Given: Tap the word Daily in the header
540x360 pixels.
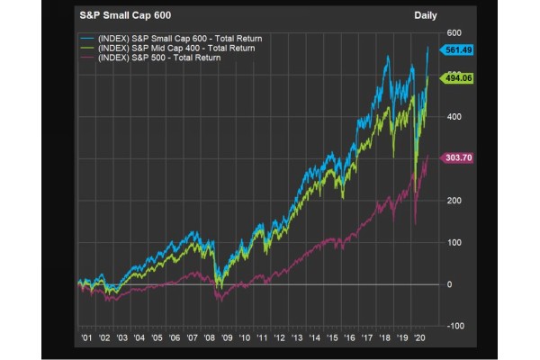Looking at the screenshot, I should tap(427, 15).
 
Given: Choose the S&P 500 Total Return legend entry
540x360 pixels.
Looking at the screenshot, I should tap(162, 58).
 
